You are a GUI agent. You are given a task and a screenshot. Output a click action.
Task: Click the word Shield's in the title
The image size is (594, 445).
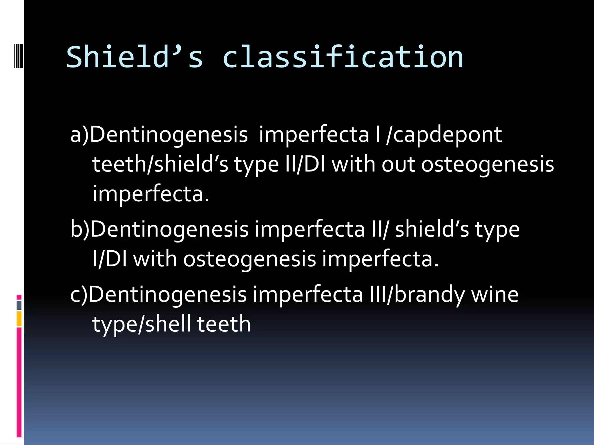coord(135,57)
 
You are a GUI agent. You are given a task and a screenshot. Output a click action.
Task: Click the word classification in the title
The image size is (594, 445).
coord(343,57)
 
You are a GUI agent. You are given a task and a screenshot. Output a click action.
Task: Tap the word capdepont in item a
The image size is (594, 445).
coord(448,135)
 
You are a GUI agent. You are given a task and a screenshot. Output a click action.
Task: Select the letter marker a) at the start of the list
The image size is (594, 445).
coord(79,135)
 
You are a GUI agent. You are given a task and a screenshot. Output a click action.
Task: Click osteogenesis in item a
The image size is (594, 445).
coord(488,164)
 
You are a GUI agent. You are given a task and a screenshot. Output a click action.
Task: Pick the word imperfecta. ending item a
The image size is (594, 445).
coord(151,194)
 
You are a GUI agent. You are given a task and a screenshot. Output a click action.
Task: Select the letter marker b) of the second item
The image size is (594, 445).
coord(80,229)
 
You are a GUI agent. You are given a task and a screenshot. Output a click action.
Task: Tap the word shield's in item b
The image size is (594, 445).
coord(432,229)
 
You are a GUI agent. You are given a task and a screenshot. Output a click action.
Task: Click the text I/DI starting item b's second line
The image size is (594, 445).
coord(110,259)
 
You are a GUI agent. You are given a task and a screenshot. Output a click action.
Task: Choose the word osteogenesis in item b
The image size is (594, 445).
coord(249,259)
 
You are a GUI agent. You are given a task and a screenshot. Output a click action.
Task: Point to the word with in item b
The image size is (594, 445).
coord(155,259)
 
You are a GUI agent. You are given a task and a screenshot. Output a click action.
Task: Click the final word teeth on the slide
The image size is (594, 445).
coord(224,324)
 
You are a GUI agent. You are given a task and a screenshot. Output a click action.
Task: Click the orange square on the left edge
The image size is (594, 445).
coord(19,319)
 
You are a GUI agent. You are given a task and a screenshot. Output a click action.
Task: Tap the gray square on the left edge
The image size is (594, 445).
coord(19,305)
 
